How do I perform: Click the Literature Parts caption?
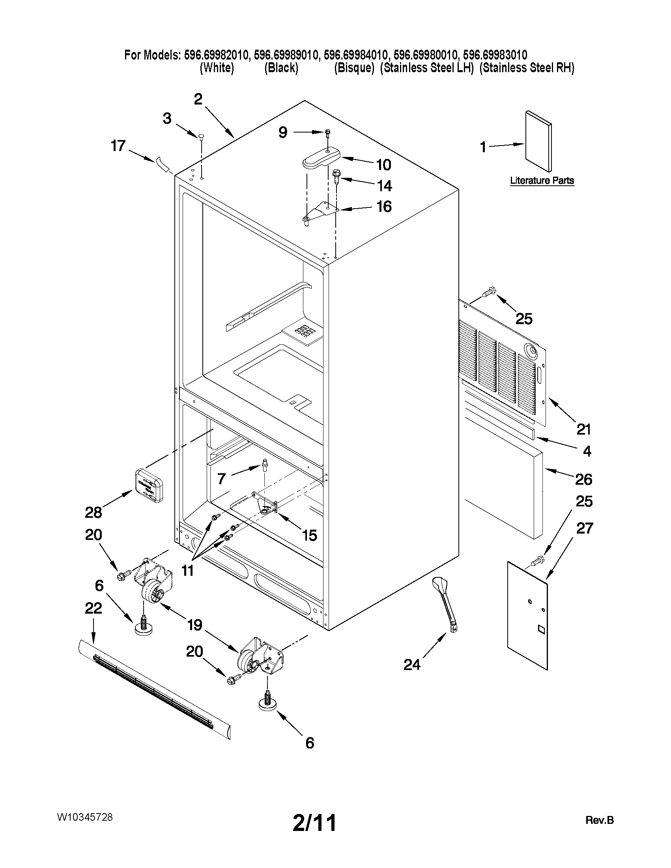(542, 181)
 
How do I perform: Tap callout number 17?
(118, 146)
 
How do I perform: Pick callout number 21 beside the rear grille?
(583, 429)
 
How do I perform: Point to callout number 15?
(309, 535)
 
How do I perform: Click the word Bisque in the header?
(354, 68)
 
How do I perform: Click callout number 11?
(187, 570)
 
